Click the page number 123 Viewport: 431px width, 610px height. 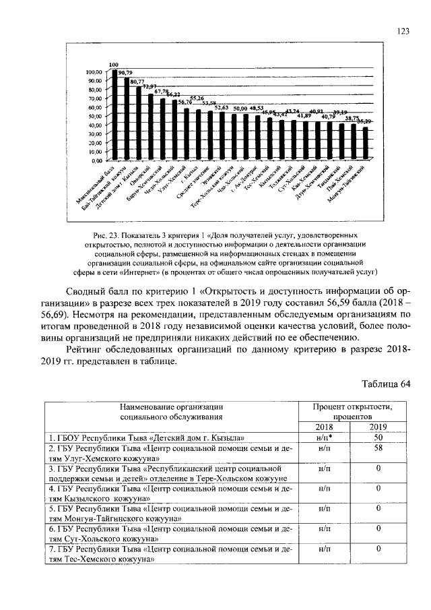403,30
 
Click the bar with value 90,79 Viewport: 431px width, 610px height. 126,119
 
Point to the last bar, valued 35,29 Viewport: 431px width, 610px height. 365,144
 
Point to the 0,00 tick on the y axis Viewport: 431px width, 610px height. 95,160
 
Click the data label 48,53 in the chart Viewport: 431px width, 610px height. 257,108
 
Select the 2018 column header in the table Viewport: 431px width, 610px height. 324,427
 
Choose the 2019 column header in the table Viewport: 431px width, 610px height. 378,427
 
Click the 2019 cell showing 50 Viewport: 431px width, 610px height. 378,437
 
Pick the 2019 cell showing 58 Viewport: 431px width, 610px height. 378,448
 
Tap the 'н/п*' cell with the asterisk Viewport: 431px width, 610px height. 324,437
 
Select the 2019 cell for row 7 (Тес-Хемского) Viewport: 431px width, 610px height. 378,549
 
